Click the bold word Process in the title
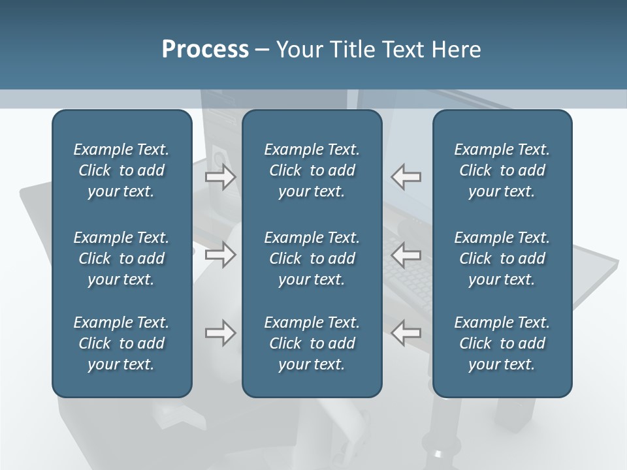205,50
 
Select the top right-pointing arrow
221,177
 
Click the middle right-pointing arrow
221,255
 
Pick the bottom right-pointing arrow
221,333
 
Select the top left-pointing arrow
406,177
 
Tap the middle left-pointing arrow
406,255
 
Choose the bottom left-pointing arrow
406,333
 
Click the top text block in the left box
121,170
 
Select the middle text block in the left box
121,258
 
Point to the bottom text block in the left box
121,343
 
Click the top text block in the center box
312,170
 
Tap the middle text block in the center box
312,258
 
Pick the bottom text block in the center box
312,343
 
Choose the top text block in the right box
502,170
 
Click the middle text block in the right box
502,258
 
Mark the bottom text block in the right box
502,343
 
